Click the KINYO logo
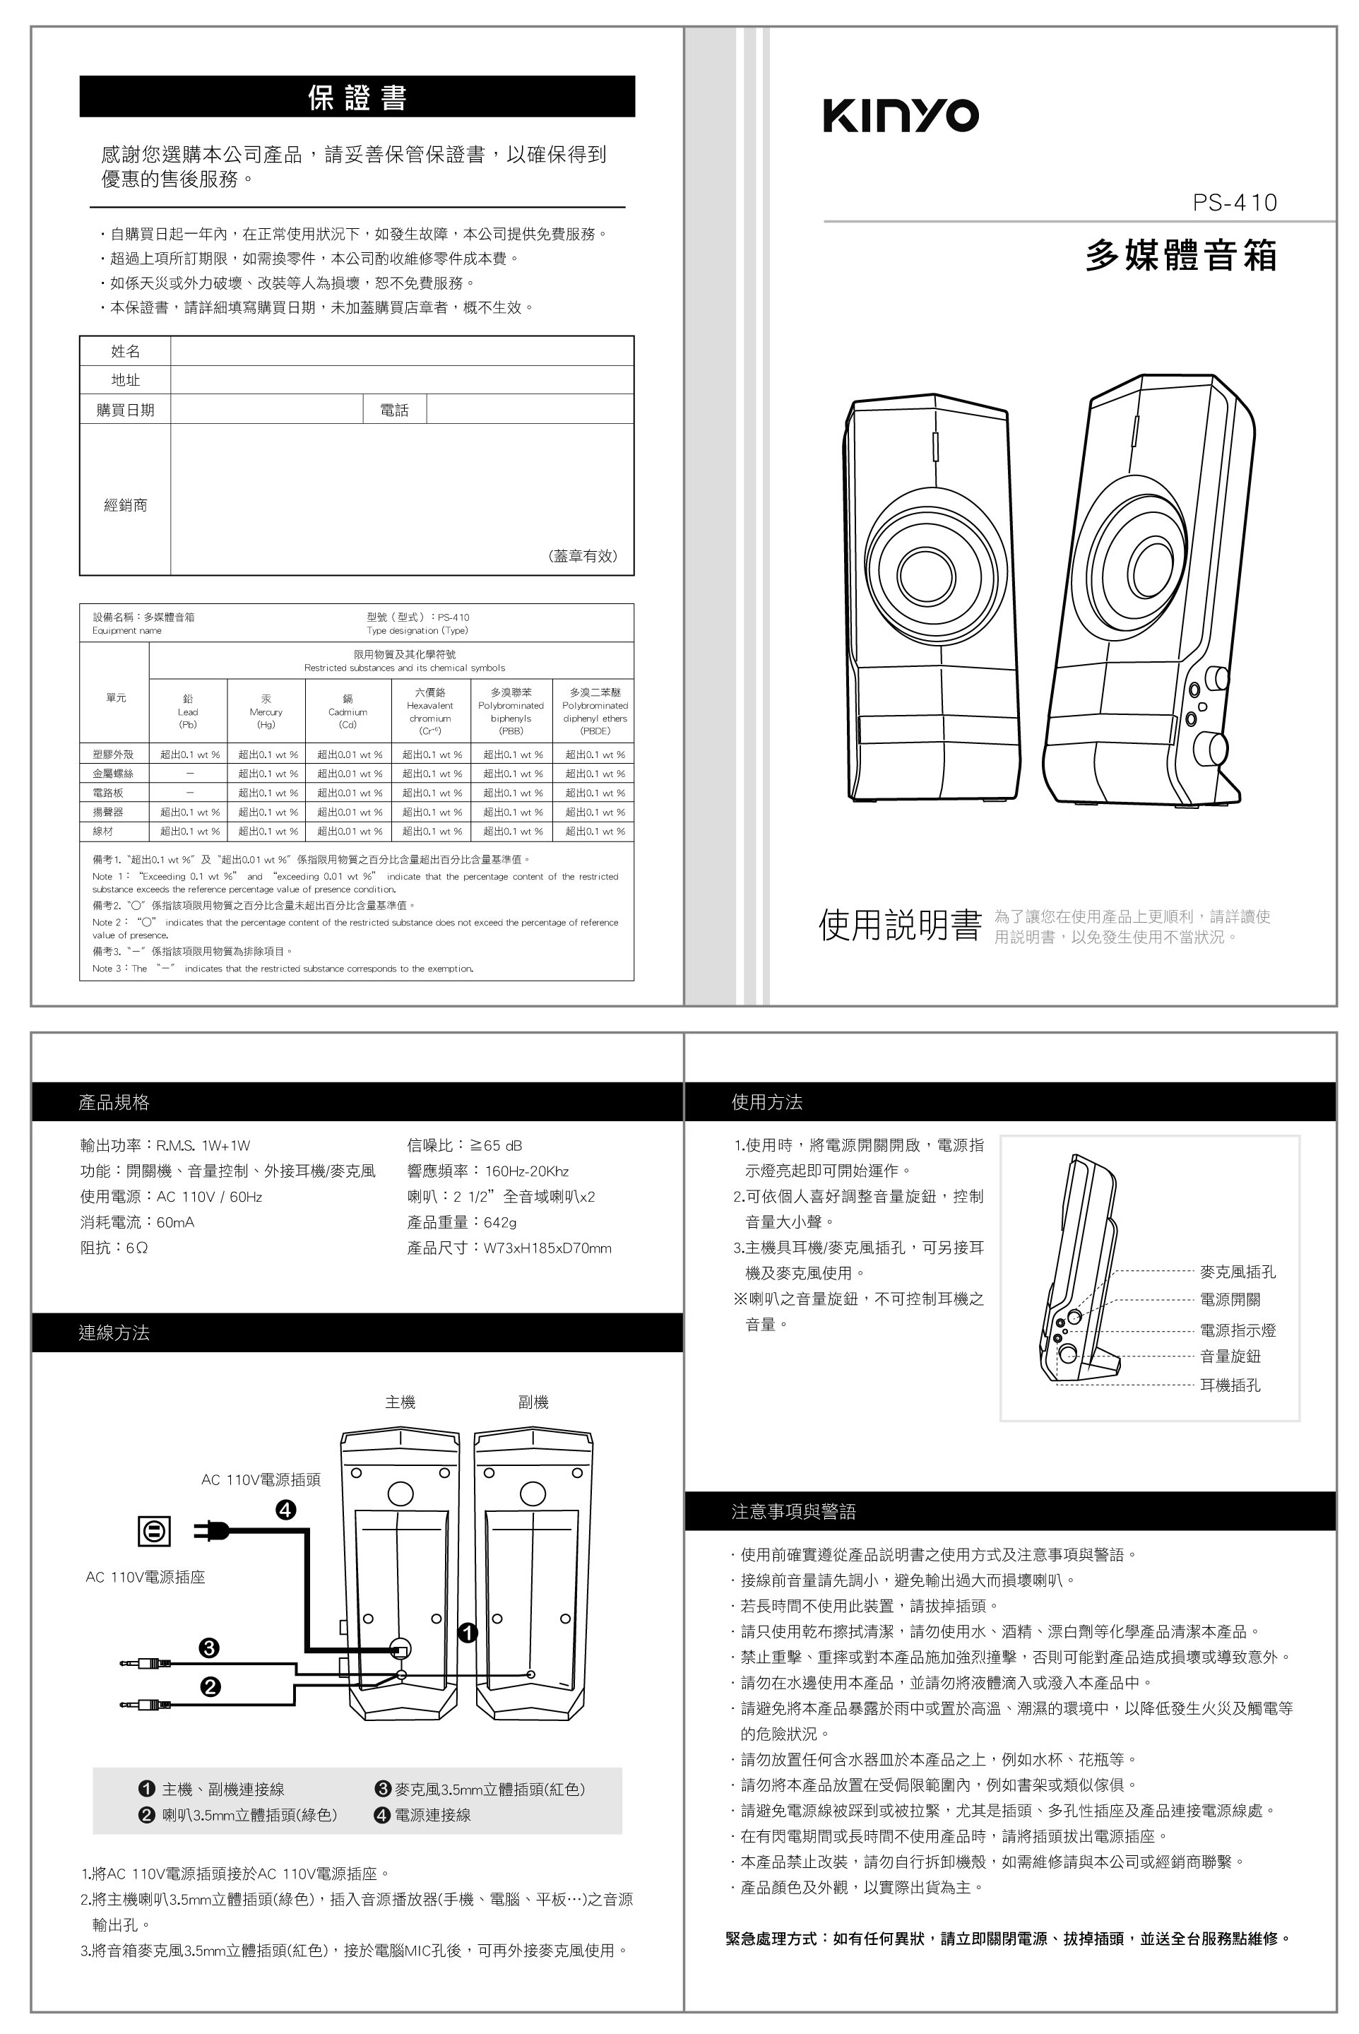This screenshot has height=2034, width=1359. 901,115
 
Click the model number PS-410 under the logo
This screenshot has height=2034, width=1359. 1234,203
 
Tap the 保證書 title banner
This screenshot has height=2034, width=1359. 357,97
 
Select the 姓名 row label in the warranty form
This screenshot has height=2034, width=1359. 126,351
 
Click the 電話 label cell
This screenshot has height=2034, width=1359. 394,410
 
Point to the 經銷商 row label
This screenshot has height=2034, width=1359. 126,504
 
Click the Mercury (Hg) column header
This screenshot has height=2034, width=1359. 266,711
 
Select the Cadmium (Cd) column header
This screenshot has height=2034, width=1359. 348,711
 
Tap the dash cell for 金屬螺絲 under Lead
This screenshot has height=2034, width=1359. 189,773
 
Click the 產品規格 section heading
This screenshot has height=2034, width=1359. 114,1102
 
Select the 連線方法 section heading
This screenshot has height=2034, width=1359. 114,1333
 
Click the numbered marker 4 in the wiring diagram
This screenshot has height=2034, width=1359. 286,1510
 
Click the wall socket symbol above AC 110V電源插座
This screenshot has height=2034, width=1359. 154,1532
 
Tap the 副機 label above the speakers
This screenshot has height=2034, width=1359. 533,1402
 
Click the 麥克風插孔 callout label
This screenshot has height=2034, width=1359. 1237,1272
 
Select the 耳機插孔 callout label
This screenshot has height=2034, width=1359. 1230,1385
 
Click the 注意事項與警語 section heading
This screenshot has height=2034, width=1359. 794,1511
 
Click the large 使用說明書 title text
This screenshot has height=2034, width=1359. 900,926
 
